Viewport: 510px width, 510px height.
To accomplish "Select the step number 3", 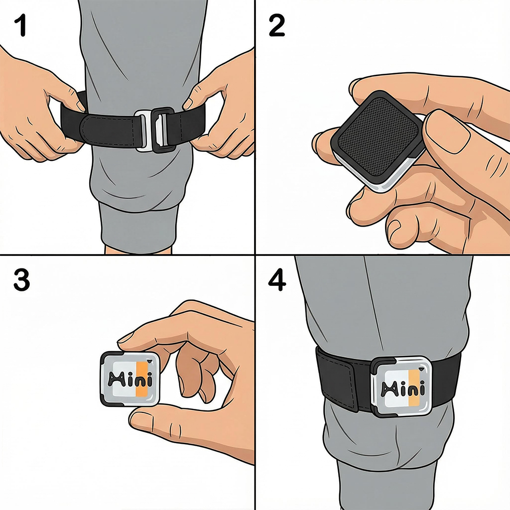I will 21,281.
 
